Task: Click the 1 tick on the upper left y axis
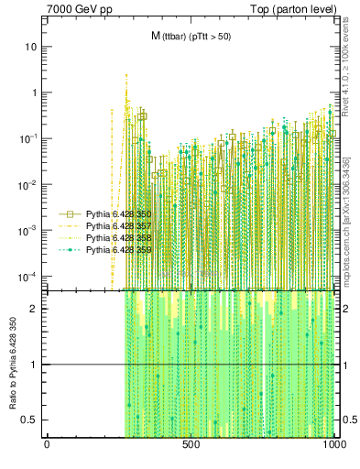tap(35, 93)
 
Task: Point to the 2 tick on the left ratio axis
tap(36, 309)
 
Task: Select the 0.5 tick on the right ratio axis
tap(346, 420)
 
